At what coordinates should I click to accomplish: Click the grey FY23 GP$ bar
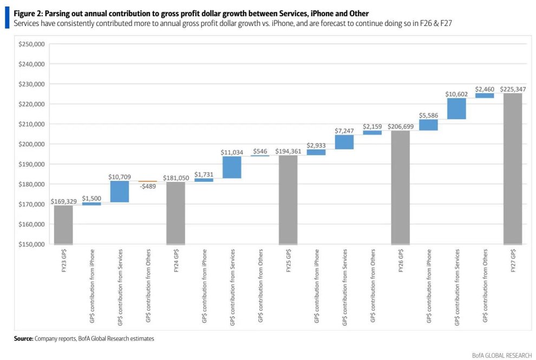pyautogui.click(x=63, y=225)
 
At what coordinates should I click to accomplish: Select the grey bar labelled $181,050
pyautogui.click(x=175, y=213)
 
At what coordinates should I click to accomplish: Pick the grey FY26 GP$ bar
pyautogui.click(x=400, y=187)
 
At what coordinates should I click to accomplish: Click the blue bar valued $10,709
pyautogui.click(x=120, y=192)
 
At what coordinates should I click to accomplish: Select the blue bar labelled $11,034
pyautogui.click(x=232, y=167)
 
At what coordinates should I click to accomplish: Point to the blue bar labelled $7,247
pyautogui.click(x=344, y=142)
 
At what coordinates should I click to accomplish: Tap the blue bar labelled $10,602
pyautogui.click(x=456, y=109)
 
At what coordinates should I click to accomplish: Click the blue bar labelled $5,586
pyautogui.click(x=428, y=125)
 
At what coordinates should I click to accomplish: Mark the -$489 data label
pyautogui.click(x=147, y=187)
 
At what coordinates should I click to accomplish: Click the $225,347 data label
pyautogui.click(x=513, y=89)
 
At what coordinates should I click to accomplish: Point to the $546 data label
pyautogui.click(x=260, y=151)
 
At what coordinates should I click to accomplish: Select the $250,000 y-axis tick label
pyautogui.click(x=31, y=44)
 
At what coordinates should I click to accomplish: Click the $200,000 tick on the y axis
pyautogui.click(x=31, y=144)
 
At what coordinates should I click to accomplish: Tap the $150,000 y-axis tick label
pyautogui.click(x=31, y=244)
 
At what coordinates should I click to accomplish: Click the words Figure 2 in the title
pyautogui.click(x=28, y=12)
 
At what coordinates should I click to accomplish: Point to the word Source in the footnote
pyautogui.click(x=23, y=338)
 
